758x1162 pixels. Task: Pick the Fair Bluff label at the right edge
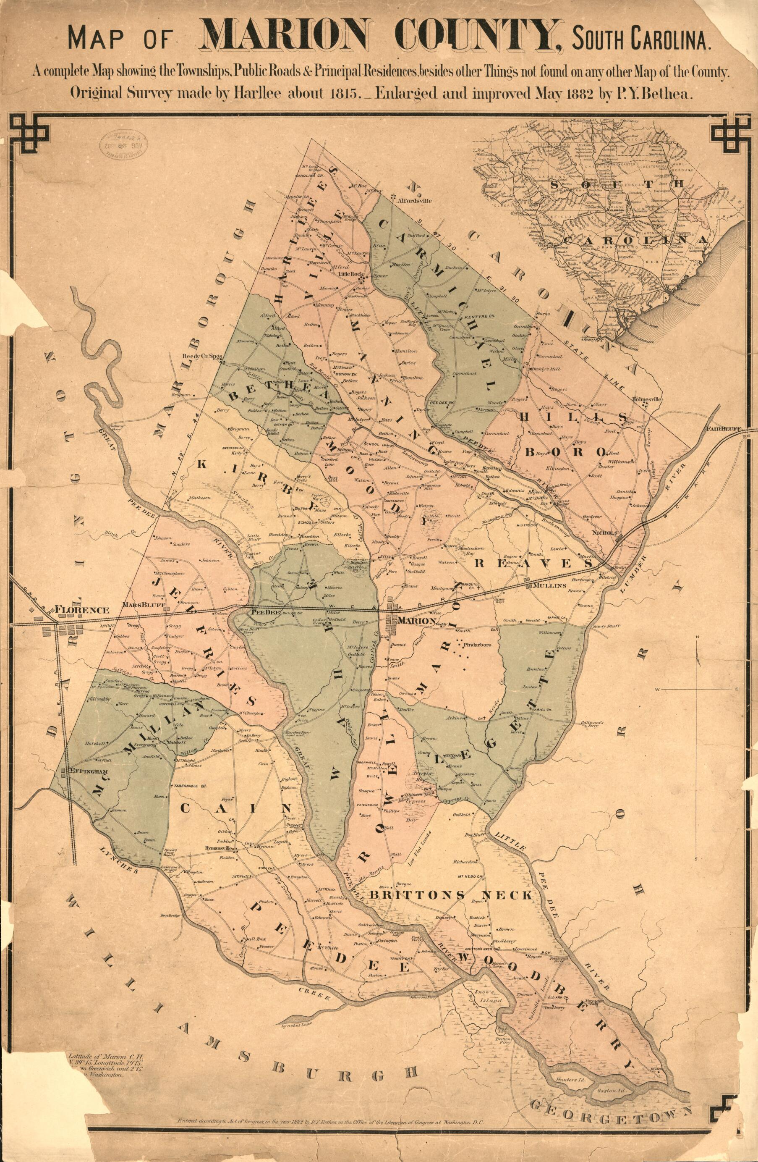click(x=724, y=429)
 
